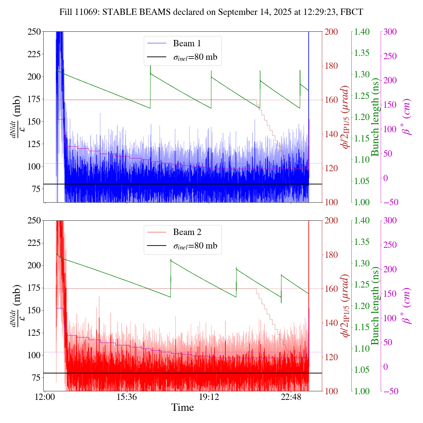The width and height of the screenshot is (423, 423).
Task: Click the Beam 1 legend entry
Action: pos(187,43)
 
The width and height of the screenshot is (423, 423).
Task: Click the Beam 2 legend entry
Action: pos(187,232)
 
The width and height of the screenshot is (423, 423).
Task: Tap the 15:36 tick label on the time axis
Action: pos(127,397)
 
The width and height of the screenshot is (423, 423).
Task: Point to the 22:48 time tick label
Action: pos(291,397)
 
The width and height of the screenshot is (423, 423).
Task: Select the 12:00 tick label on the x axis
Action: pos(45,397)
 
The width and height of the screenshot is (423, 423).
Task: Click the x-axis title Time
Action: pos(182,407)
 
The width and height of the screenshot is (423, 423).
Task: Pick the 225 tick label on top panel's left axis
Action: pos(34,54)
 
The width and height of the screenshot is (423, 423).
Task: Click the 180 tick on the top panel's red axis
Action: pos(331,66)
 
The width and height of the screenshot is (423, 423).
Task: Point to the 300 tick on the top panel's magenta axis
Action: pos(390,32)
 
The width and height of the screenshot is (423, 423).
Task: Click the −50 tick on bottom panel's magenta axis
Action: pos(390,391)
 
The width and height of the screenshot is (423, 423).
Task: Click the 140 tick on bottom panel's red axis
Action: pos(331,323)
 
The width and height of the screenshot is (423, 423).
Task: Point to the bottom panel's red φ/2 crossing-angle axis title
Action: pos(346,306)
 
